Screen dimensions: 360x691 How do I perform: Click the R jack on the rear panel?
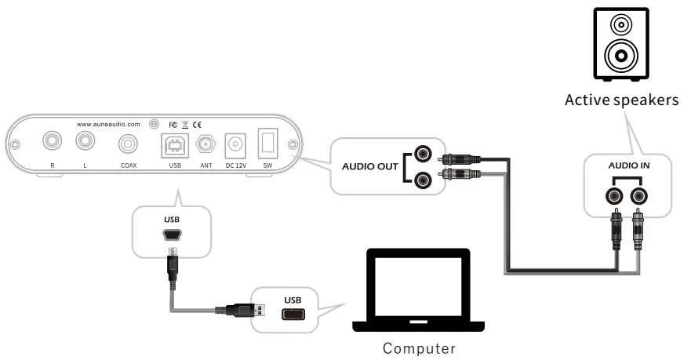coord(53,142)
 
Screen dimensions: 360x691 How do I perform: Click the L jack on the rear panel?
coord(85,142)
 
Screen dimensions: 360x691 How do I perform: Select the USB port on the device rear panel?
coord(174,144)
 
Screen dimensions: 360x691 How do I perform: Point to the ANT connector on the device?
coord(206,144)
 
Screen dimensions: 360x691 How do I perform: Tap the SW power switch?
coord(267,144)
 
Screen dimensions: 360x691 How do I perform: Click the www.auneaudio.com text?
coord(108,124)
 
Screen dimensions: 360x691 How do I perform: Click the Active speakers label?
coord(621,100)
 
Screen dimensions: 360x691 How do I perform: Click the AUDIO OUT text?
coord(369,166)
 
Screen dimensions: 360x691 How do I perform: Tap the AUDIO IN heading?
coord(629,166)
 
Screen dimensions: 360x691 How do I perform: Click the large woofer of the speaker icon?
coord(620,57)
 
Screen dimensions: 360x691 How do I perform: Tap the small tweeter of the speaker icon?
coord(620,24)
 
